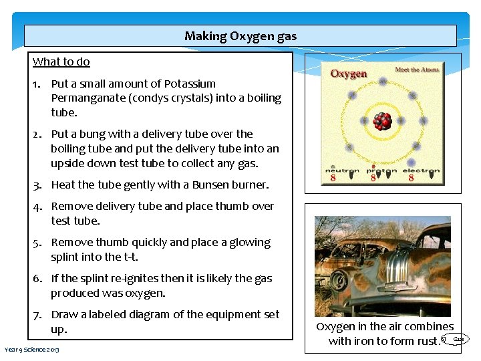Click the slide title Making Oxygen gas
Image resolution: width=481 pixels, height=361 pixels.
click(x=240, y=36)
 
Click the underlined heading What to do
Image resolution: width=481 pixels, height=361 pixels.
click(x=61, y=62)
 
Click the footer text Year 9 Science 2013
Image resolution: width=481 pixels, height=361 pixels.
click(x=31, y=350)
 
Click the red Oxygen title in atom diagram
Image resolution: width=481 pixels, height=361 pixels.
click(x=349, y=73)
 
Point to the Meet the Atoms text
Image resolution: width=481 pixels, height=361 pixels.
click(x=417, y=70)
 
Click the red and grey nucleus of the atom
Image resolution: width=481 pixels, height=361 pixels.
click(x=381, y=121)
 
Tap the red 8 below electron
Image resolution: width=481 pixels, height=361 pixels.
click(x=411, y=178)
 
